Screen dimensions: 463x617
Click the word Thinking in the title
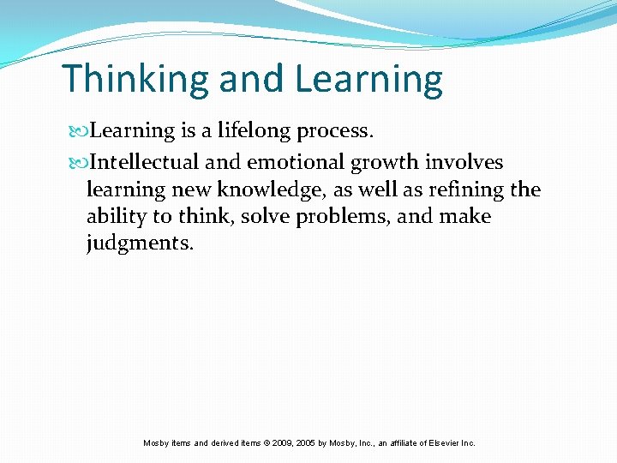(136, 80)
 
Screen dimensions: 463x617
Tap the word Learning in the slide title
(368, 80)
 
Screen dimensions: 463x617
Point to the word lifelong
(254, 131)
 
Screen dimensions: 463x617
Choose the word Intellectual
(145, 162)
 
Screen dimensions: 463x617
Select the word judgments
(140, 244)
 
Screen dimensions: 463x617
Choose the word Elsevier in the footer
(440, 443)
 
